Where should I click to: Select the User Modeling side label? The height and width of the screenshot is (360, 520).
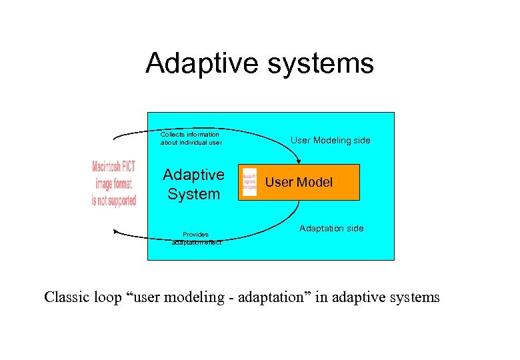coord(330,140)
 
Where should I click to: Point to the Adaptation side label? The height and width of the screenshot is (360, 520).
coord(331,228)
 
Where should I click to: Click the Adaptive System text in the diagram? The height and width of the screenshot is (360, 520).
coord(193,184)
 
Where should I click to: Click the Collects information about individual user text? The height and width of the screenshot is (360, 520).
coord(191,138)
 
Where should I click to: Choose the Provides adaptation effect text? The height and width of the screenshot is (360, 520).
coord(196,238)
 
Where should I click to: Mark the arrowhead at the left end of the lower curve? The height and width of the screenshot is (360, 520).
coord(116,232)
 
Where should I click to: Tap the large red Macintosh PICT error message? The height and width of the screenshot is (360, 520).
coord(113,183)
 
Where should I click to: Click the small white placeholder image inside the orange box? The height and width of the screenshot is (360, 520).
coord(250,182)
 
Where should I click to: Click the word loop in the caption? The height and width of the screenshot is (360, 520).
coord(107,297)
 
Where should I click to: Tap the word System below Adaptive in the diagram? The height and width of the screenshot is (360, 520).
coord(193,194)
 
